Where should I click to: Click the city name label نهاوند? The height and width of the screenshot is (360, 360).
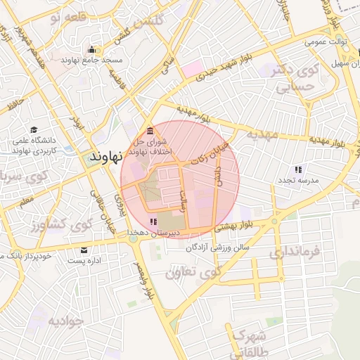(x=105, y=155)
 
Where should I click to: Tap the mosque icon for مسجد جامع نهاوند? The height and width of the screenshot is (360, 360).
(x=91, y=49)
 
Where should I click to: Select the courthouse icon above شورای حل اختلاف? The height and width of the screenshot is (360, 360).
(x=149, y=131)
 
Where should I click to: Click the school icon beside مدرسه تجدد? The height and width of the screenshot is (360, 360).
(x=298, y=169)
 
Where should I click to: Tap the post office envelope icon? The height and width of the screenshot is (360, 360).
(x=85, y=250)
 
